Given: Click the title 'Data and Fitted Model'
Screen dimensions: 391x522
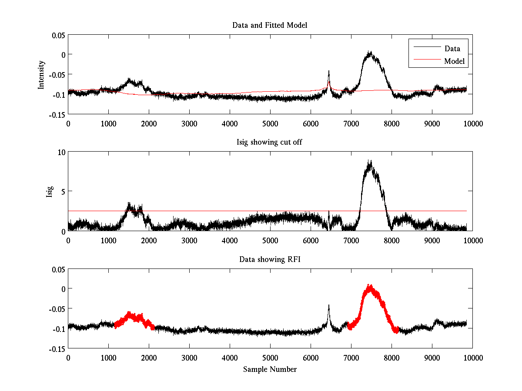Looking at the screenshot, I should pyautogui.click(x=270, y=25).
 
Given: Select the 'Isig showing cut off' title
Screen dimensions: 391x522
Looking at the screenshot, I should pyautogui.click(x=270, y=142).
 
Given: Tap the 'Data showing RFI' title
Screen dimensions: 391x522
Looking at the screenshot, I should pyautogui.click(x=270, y=259).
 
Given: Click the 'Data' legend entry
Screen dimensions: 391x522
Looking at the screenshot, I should pyautogui.click(x=452, y=48).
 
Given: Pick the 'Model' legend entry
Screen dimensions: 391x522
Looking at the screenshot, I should pyautogui.click(x=454, y=61).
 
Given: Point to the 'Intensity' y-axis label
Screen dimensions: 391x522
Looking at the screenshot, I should pyautogui.click(x=41, y=74).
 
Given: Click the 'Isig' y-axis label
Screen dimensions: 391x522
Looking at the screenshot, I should pyautogui.click(x=50, y=191).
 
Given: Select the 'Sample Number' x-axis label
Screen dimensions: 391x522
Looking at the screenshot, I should pyautogui.click(x=270, y=369).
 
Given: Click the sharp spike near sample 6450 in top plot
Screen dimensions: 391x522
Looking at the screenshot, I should pyautogui.click(x=329, y=71).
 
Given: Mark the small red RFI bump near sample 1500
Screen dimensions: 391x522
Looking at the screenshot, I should pyautogui.click(x=129, y=314).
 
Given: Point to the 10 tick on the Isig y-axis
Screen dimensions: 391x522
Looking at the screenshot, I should pyautogui.click(x=60, y=152).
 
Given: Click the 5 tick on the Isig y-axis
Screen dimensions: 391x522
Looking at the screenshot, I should pyautogui.click(x=62, y=191).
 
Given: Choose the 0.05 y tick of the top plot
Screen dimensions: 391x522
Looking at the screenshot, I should pyautogui.click(x=57, y=34).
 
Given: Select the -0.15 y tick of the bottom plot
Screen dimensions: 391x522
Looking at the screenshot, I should pyautogui.click(x=57, y=348).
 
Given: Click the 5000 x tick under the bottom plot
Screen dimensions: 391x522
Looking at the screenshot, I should pyautogui.click(x=270, y=358).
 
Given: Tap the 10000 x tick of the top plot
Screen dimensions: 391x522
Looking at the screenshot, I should pyautogui.click(x=472, y=123).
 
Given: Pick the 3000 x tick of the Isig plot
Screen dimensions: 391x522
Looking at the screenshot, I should pyautogui.click(x=189, y=240).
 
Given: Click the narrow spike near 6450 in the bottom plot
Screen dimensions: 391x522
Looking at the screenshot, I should pyautogui.click(x=329, y=306).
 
